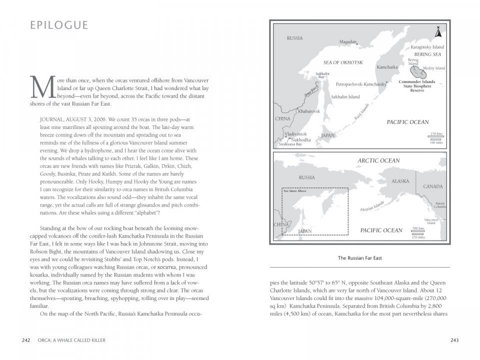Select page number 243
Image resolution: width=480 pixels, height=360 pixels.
point(454,340)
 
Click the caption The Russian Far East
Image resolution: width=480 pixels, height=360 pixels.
point(359,258)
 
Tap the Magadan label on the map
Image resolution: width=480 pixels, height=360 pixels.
point(348,42)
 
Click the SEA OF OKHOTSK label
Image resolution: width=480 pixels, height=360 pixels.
point(343,62)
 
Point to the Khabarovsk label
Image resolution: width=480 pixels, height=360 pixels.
point(308,111)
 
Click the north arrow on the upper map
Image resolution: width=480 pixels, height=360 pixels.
point(438,31)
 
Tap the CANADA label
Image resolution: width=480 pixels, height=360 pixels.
point(433,186)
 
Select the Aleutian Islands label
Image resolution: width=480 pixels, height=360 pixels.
point(372,206)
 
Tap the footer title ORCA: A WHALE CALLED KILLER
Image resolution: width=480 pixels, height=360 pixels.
point(71,340)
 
